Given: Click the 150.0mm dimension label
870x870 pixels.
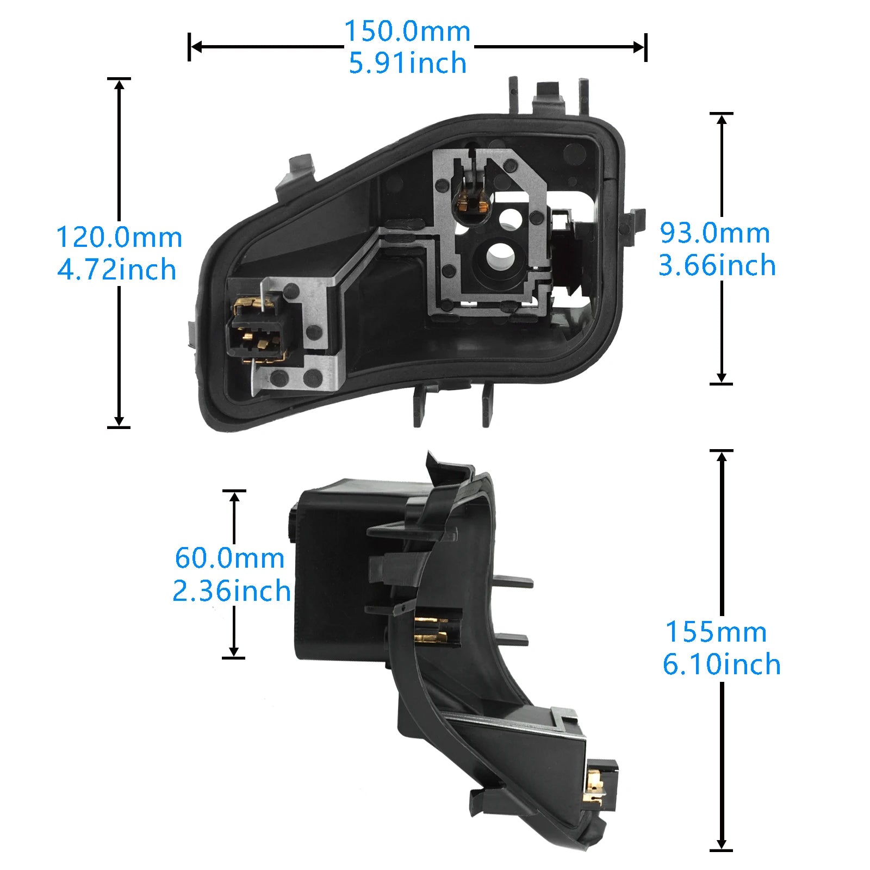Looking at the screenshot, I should click(x=407, y=31).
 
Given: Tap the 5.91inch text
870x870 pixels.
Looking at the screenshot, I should click(x=407, y=63).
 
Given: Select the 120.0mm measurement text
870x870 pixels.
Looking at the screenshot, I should click(x=119, y=237).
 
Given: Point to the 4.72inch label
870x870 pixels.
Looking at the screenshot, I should click(x=117, y=270).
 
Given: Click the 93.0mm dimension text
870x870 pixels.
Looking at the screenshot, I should click(x=715, y=233).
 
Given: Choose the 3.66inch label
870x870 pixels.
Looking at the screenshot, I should click(x=717, y=265).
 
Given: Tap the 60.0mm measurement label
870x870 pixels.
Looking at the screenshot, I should click(x=229, y=558).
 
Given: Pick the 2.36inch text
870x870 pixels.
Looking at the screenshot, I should click(x=232, y=591).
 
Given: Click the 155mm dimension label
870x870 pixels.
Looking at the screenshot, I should click(x=716, y=632).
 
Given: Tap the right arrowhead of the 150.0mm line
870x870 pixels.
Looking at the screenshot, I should click(x=639, y=47).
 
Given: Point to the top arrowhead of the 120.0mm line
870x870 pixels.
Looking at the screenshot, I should click(x=119, y=84).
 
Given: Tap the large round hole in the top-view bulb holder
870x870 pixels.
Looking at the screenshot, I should click(x=500, y=254).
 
